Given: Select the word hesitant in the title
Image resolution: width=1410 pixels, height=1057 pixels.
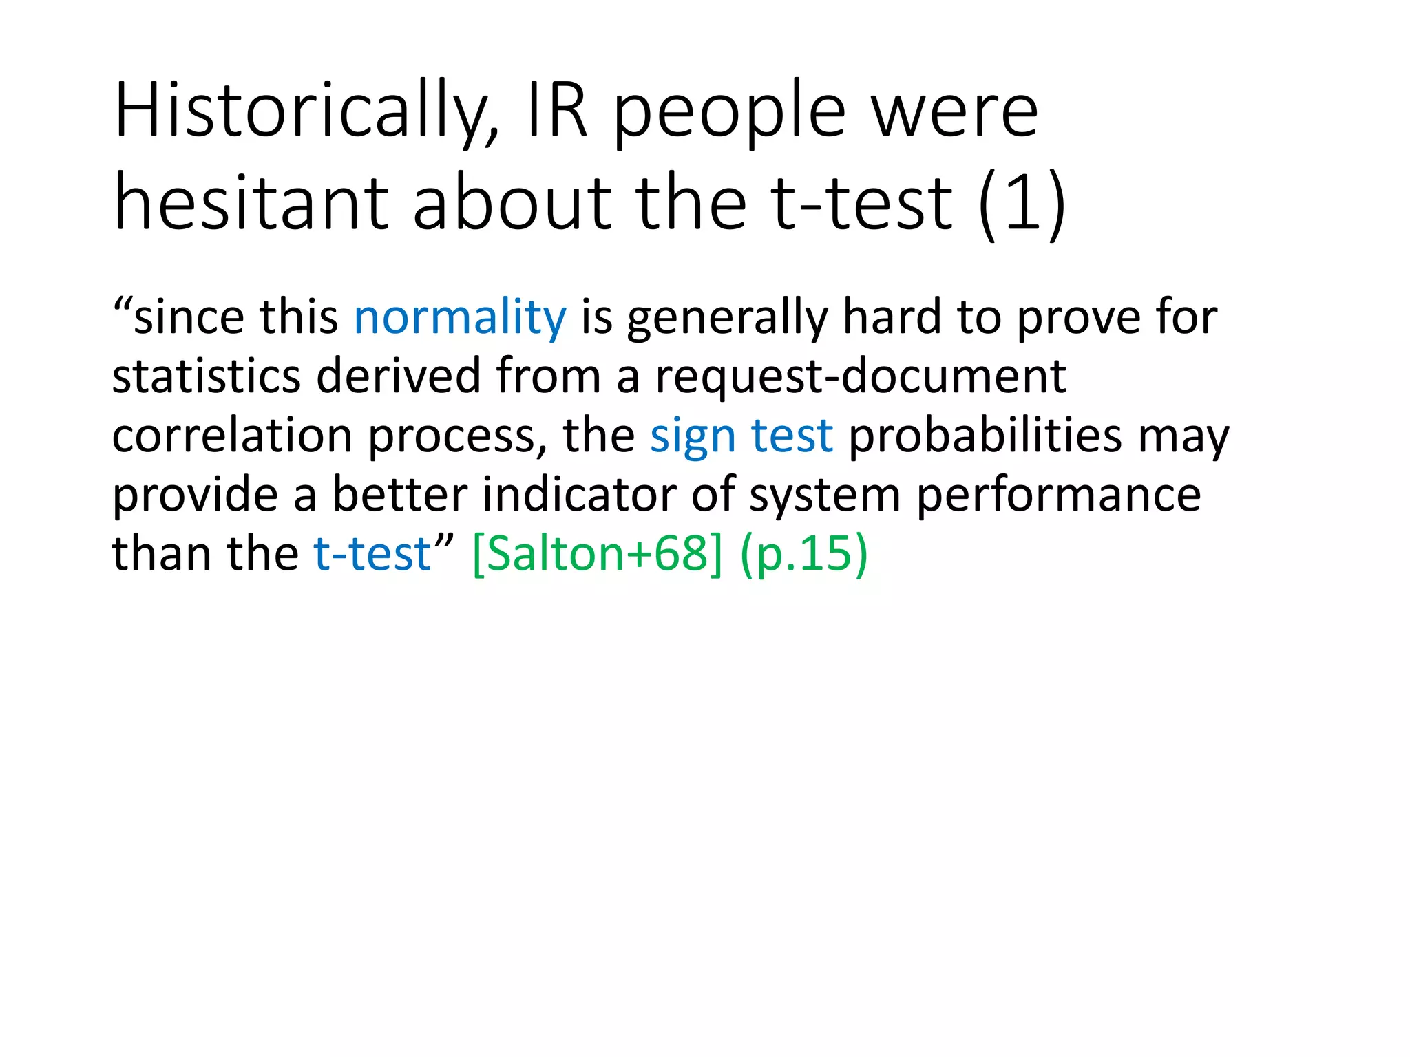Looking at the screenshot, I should click(x=252, y=204).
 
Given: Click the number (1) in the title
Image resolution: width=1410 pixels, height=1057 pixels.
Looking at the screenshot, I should click(x=1022, y=204).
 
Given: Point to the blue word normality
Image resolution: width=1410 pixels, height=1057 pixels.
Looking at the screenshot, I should click(x=460, y=318).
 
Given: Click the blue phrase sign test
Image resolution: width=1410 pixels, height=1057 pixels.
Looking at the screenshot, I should click(x=741, y=436).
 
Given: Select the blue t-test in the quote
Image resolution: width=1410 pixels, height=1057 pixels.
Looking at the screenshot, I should click(x=372, y=554).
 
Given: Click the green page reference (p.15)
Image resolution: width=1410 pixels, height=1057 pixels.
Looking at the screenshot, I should click(x=803, y=554).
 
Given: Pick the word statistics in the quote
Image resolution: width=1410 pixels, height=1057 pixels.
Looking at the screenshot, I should click(x=207, y=377).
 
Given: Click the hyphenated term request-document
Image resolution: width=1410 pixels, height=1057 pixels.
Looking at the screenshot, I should click(x=861, y=377).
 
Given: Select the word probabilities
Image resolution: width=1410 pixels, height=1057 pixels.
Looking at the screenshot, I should click(x=985, y=436).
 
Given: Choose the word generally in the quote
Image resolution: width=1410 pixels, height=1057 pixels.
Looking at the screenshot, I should click(x=727, y=318).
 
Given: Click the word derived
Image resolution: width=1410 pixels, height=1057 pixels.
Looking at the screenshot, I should click(x=399, y=377).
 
